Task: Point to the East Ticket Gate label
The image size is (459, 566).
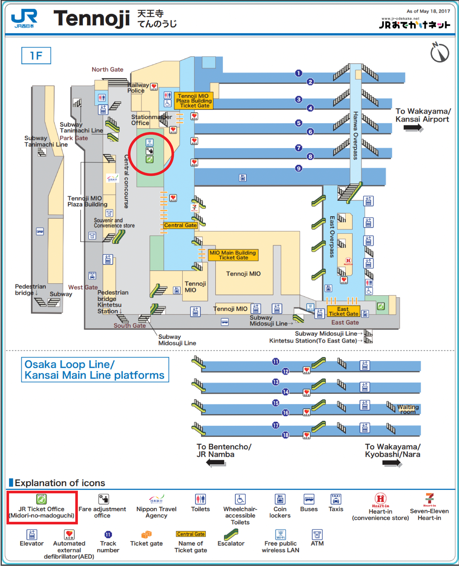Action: (x=343, y=311)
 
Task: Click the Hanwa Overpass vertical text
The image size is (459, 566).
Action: (x=355, y=135)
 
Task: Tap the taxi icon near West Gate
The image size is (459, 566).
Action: (x=92, y=276)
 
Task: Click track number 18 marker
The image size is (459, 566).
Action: (x=285, y=435)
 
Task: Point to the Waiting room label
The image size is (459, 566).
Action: (x=408, y=409)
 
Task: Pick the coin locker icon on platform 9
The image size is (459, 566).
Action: (x=243, y=178)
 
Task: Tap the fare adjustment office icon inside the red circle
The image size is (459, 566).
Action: (x=150, y=151)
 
